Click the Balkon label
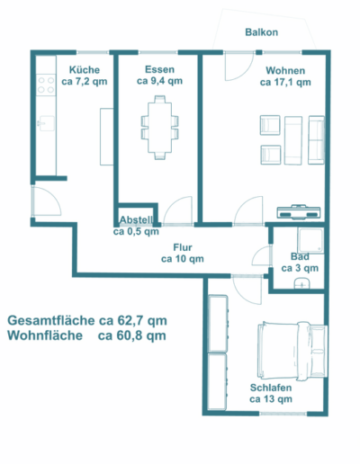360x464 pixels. tap(261, 32)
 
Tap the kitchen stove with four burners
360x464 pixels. tap(46, 85)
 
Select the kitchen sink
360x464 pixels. tap(46, 123)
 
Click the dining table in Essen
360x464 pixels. tap(160, 128)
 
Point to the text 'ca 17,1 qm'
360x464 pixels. tap(285, 82)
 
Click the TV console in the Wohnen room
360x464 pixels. tap(299, 212)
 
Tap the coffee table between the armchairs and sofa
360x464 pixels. tap(293, 140)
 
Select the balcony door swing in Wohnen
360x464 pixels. tap(239, 67)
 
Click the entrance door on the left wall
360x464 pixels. tap(46, 201)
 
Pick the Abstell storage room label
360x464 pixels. tap(137, 219)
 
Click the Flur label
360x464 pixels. tap(183, 247)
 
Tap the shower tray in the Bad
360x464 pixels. tap(310, 240)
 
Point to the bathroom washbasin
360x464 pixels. tap(301, 283)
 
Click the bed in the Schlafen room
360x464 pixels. tap(292, 352)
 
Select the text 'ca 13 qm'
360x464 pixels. tap(271, 399)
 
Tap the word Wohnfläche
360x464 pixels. tap(45, 335)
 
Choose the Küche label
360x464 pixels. tap(85, 70)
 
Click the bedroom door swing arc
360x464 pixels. tap(247, 290)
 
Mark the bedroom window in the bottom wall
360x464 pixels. tap(283, 414)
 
